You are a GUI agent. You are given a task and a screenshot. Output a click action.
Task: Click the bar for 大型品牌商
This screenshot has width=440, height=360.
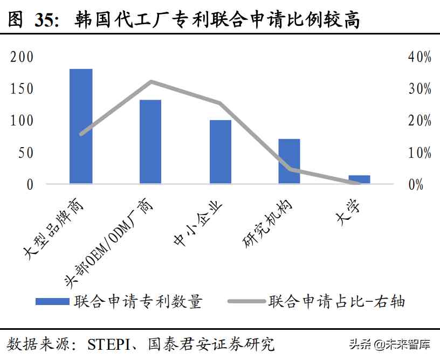coord(81,126)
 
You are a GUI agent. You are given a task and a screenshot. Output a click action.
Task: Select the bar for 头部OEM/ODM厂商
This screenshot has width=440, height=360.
coord(150,141)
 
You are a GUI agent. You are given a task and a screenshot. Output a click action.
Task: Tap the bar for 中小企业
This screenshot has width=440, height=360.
coord(220,151)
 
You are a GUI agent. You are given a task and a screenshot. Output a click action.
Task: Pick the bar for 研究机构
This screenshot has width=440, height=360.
coord(289,161)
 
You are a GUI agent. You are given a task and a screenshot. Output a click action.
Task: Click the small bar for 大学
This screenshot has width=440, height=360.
coord(359,179)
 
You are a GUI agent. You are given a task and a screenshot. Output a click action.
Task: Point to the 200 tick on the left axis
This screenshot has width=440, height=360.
coord(22,57)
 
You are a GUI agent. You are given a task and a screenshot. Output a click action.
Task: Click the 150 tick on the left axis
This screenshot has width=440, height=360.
coord(22,89)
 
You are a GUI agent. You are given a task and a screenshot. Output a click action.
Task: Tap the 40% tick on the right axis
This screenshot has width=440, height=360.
coord(420,57)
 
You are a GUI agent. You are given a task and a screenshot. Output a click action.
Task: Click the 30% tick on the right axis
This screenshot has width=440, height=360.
coord(420,89)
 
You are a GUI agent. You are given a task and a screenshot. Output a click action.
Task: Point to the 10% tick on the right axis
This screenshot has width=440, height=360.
coord(420,153)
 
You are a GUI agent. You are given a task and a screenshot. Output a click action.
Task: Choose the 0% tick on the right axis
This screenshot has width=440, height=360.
coord(415,184)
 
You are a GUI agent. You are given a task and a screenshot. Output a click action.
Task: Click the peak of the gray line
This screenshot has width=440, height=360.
coord(151,82)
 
